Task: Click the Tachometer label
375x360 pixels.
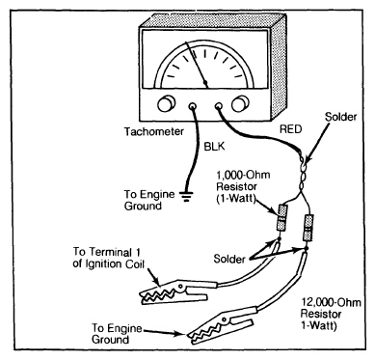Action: click(x=154, y=131)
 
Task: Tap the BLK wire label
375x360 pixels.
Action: click(x=214, y=147)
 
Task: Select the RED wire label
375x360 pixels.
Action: click(x=291, y=129)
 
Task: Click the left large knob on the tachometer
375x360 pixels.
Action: click(x=167, y=103)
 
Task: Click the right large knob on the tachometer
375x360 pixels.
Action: click(x=240, y=103)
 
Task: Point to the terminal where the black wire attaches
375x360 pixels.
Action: click(x=192, y=106)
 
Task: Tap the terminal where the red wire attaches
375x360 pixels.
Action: click(x=218, y=106)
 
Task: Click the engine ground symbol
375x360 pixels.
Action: click(x=187, y=196)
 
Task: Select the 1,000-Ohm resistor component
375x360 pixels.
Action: click(x=281, y=218)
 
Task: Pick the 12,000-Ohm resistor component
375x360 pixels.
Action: click(x=308, y=229)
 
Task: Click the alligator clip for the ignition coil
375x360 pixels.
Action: click(x=173, y=292)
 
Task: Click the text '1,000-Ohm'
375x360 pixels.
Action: click(x=243, y=176)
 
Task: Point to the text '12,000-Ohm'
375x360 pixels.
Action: click(x=331, y=303)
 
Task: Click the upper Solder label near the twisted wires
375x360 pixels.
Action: click(x=340, y=117)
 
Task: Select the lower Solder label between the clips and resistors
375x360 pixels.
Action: click(x=229, y=259)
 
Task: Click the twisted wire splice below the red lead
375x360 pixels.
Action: click(x=303, y=172)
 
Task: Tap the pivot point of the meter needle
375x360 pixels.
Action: click(x=206, y=83)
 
